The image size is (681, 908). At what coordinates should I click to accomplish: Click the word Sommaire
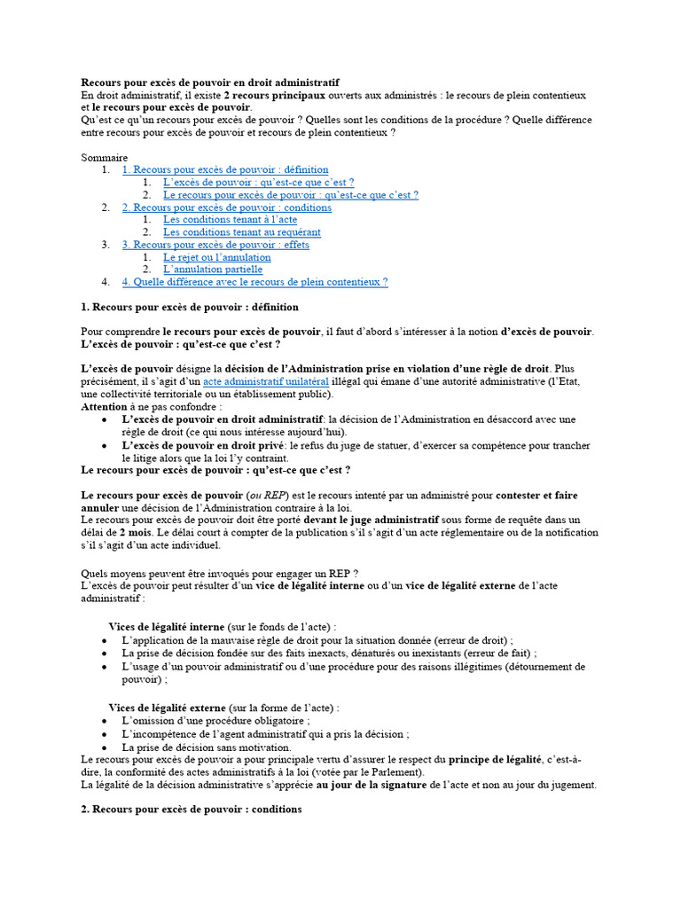coord(105,157)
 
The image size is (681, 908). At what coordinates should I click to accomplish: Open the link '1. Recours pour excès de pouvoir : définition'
coord(225,169)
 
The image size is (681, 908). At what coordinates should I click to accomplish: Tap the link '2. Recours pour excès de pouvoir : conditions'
coord(227,207)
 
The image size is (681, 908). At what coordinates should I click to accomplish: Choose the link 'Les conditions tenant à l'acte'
coord(230,220)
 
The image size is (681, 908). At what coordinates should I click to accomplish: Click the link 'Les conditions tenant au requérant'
coord(242,232)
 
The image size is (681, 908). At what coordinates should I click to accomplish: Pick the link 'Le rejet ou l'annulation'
coord(217,257)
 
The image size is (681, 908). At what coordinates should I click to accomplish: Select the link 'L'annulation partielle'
coord(213,270)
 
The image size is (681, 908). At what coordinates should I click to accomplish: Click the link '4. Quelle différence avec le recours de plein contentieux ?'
coord(254,282)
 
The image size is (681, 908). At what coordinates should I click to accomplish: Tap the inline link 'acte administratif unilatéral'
coord(266,381)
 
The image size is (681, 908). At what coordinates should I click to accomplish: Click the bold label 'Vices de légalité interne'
coord(167,627)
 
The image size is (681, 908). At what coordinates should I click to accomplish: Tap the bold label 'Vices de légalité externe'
coord(167,708)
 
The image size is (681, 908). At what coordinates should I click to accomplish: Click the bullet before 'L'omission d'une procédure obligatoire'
coord(106,721)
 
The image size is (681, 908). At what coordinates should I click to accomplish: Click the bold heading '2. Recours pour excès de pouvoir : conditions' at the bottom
coord(192,810)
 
